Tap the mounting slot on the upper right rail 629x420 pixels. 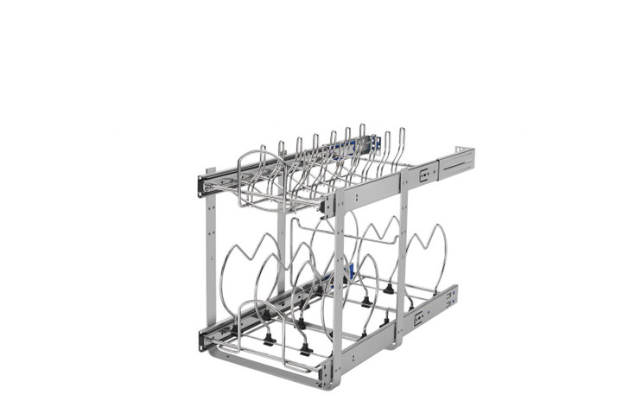425,175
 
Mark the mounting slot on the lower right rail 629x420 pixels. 420,318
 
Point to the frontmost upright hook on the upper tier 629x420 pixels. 282,156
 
